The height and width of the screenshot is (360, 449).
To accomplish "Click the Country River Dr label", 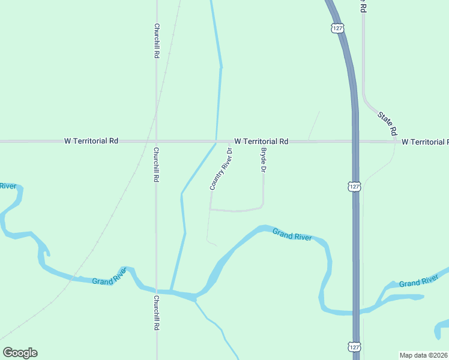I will point(221,169).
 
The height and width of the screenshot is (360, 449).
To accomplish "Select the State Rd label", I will point(388,121).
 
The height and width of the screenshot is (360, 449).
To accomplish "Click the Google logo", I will point(20,353).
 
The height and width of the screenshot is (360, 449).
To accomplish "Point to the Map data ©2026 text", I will point(423,355).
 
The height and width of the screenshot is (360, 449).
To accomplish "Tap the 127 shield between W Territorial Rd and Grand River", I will point(354,187).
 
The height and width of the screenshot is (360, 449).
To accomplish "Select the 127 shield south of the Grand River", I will point(354,347).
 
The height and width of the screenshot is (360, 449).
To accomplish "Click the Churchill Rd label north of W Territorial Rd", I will point(156,40).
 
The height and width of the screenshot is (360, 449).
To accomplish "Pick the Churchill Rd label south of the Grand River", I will point(156,313).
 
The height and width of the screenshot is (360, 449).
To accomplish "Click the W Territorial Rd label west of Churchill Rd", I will point(91,141).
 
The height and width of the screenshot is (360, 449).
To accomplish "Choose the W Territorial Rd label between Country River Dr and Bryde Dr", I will point(261,141).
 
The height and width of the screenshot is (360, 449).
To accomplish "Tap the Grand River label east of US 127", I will point(418,282).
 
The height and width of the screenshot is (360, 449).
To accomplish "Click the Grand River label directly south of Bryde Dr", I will point(292,235).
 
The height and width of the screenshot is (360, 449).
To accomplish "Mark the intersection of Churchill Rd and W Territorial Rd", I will point(156,142).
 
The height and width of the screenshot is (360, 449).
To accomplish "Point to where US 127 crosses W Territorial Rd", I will point(355,142).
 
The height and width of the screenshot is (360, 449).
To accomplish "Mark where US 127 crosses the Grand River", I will point(357,312).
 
